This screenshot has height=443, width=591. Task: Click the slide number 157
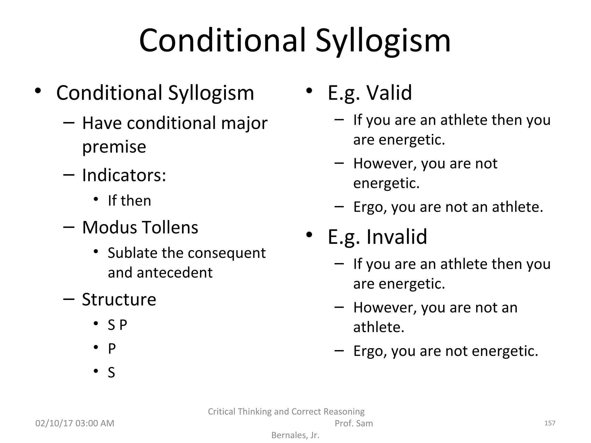[x=549, y=423]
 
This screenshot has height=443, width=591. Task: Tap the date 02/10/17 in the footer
[x=54, y=423]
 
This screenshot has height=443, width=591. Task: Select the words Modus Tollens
[x=140, y=228]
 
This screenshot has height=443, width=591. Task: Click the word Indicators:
[x=124, y=175]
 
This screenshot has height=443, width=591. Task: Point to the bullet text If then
[x=129, y=201]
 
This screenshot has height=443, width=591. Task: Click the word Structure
[x=119, y=299]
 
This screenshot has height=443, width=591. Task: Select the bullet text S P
[x=117, y=325]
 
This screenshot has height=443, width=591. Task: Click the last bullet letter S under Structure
[x=111, y=373]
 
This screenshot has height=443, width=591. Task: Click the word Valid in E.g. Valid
[x=389, y=93]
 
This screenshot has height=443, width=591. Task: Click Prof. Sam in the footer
[x=354, y=423]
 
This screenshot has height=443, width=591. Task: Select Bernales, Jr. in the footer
[x=295, y=435]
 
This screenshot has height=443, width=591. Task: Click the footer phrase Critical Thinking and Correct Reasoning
[x=286, y=412]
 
